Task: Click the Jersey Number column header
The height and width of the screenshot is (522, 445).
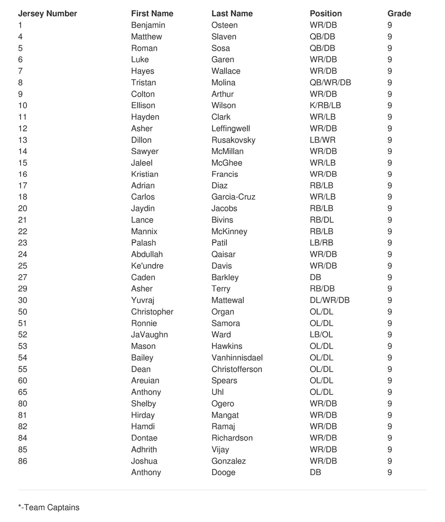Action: coord(47,14)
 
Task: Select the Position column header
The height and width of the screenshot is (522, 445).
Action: coord(326,14)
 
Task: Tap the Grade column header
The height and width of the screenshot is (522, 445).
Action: coord(399,14)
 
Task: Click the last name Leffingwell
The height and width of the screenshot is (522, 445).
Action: coord(230,129)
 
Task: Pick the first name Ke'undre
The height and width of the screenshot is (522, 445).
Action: coord(147,266)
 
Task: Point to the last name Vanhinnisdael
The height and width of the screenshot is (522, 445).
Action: coord(237,358)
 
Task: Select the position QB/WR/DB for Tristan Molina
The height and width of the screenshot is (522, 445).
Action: coord(330,82)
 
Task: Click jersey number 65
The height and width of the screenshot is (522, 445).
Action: coord(23,392)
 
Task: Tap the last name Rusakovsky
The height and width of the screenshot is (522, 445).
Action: coord(233,140)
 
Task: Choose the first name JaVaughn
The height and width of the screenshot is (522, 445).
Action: coord(149,335)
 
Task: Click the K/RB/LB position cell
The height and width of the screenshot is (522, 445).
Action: coord(325,105)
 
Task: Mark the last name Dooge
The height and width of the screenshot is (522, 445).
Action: coord(223,473)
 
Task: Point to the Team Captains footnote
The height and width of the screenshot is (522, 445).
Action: coord(49,508)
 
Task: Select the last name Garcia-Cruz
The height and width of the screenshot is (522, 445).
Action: coord(233,197)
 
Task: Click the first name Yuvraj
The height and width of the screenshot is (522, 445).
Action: coord(143,300)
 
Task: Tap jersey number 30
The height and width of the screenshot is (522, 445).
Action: coord(23,300)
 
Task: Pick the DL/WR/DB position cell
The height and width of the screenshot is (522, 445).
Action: coord(329,300)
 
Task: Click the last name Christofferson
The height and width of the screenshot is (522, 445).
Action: coord(237,369)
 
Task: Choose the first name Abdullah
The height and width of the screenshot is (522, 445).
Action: coord(147,254)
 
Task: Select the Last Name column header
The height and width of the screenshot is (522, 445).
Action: coord(232,14)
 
